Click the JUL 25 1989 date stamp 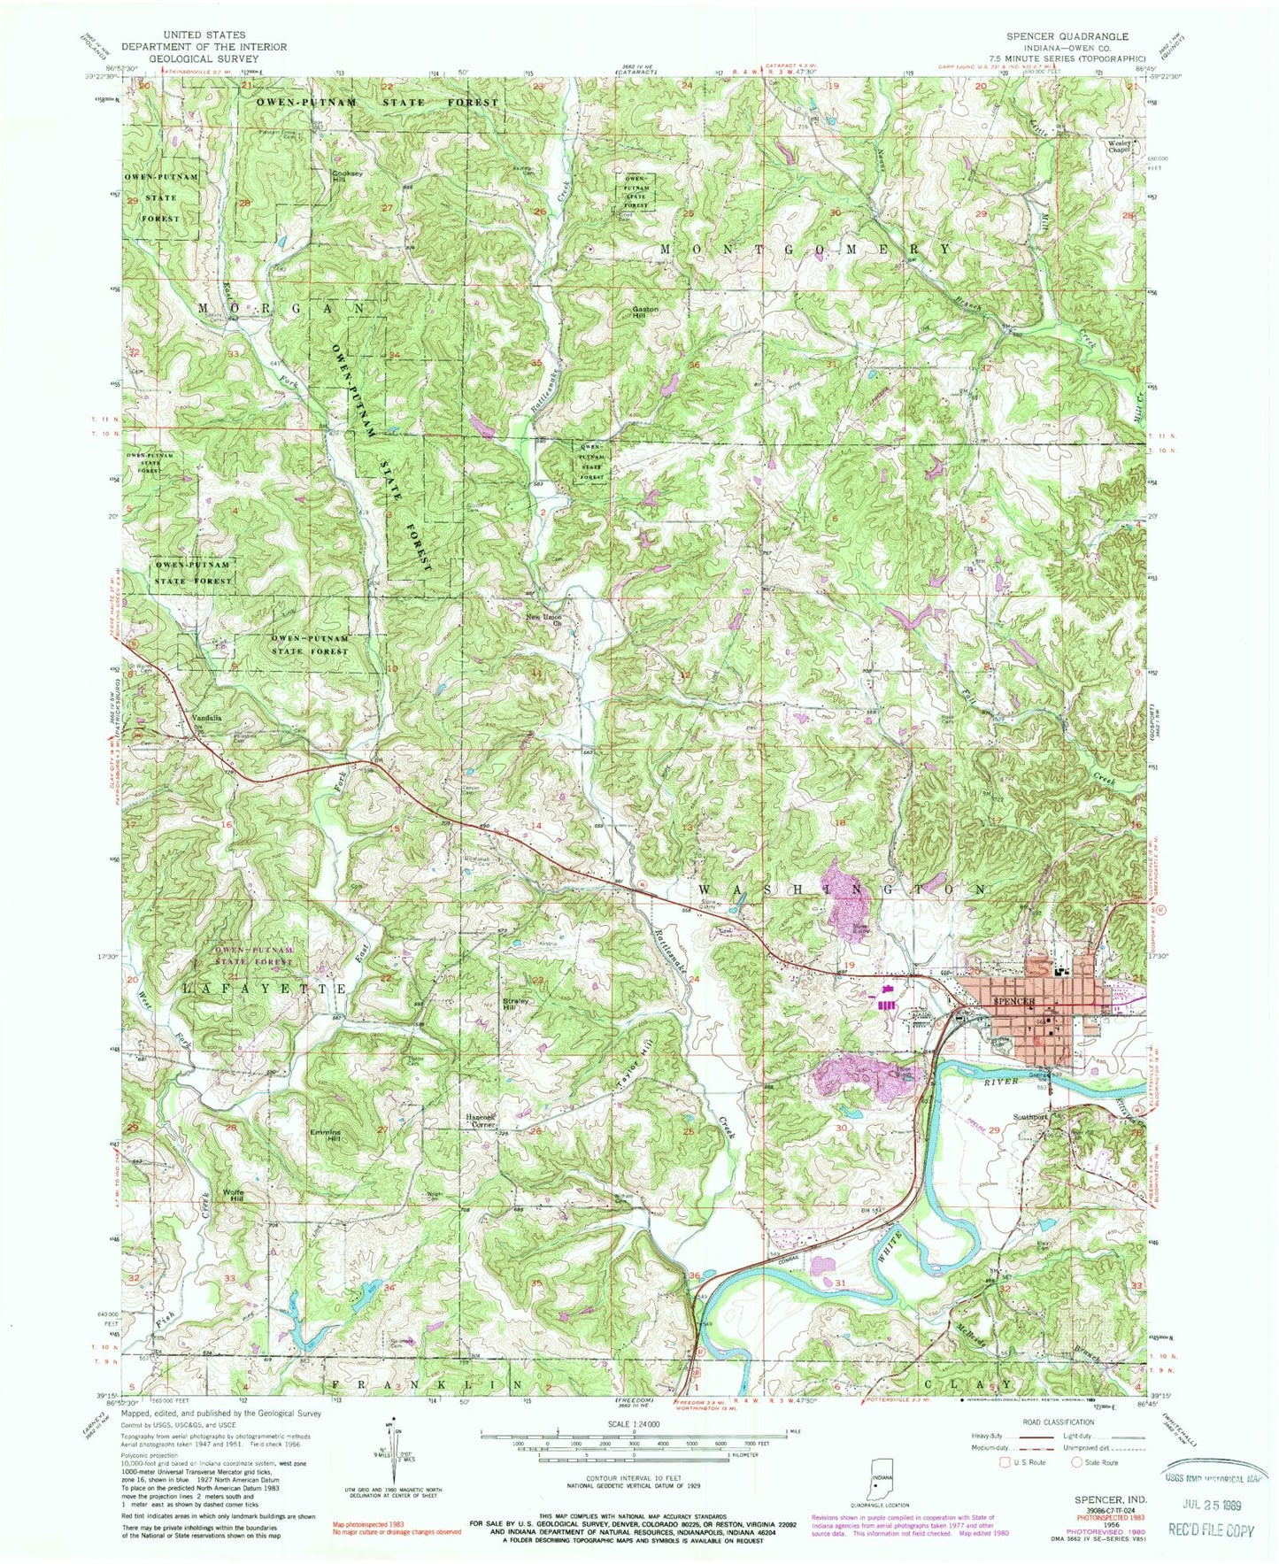coord(1209,1506)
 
